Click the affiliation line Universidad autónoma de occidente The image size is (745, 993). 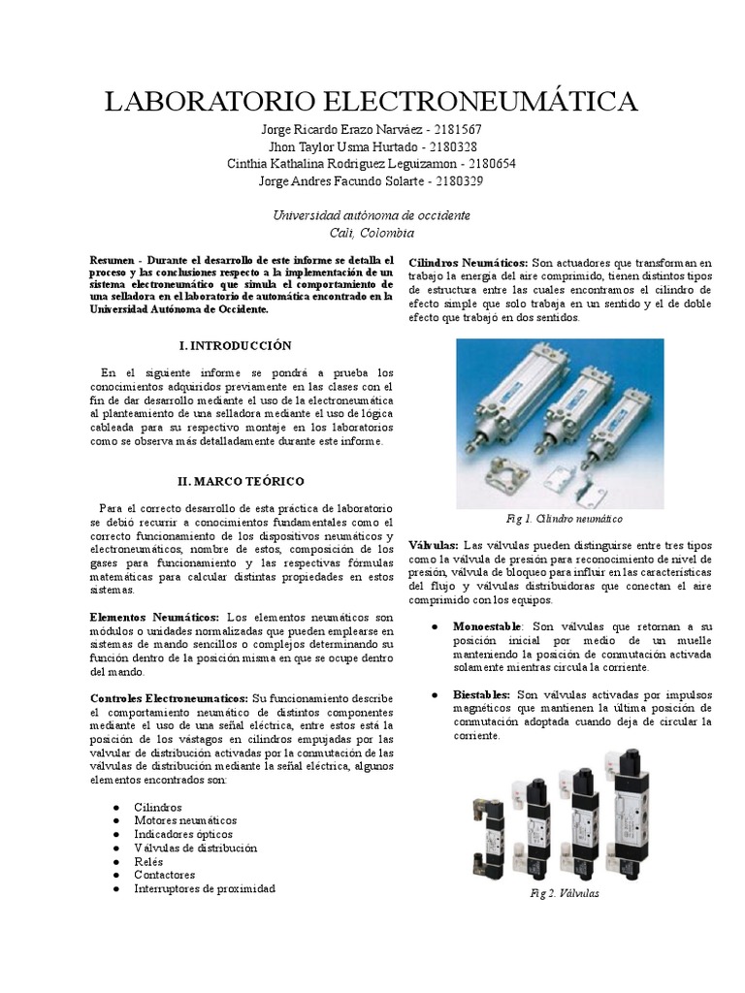click(372, 215)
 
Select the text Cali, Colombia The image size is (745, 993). click(372, 233)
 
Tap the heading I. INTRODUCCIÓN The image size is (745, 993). click(236, 345)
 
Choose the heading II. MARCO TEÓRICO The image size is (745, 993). click(241, 481)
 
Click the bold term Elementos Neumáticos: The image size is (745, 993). click(155, 617)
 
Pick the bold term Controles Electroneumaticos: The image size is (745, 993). click(169, 698)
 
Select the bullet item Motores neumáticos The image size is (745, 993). click(184, 820)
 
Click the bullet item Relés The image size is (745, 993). click(148, 861)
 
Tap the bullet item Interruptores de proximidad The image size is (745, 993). click(205, 888)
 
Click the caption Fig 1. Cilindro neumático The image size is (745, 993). click(565, 519)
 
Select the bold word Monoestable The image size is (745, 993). click(487, 626)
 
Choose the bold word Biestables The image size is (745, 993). click(482, 694)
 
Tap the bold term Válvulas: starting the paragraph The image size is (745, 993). click(433, 545)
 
